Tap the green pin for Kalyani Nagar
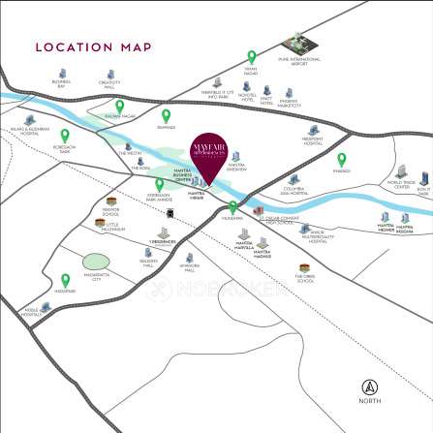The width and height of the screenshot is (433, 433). (120, 107)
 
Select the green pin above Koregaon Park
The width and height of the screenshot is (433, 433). (65, 136)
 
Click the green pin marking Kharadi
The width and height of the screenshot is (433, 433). (342, 159)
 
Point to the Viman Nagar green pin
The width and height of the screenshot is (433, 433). (251, 57)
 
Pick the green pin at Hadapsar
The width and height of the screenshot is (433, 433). (66, 279)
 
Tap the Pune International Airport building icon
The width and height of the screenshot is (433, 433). (294, 44)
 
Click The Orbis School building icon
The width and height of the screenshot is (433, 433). (307, 268)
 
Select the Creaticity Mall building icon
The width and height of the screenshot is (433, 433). (109, 75)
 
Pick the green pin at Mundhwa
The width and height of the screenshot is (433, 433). (232, 207)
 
